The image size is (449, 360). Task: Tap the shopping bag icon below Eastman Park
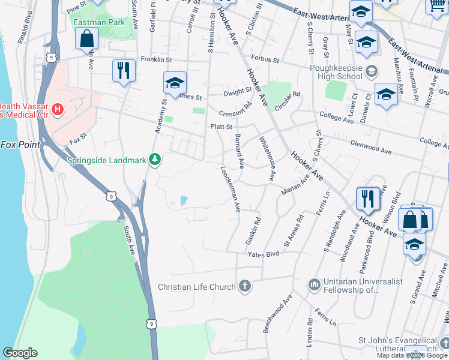coord(87,38)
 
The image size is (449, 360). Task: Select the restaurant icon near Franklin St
coord(124,70)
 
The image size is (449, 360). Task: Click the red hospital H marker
coord(58,109)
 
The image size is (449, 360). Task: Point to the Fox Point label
coord(20,145)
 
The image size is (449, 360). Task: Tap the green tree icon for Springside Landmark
coord(155,159)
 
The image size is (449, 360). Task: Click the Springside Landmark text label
coord(107,160)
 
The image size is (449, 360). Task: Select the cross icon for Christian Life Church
coord(244,286)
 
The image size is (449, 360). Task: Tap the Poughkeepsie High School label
coord(334,72)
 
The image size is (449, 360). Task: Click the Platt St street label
coord(221,127)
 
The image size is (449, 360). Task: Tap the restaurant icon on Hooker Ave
coord(367,199)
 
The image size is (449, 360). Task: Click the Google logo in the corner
coord(20,353)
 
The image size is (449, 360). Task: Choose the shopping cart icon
coord(437,6)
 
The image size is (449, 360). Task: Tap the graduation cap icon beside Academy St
coord(175,83)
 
